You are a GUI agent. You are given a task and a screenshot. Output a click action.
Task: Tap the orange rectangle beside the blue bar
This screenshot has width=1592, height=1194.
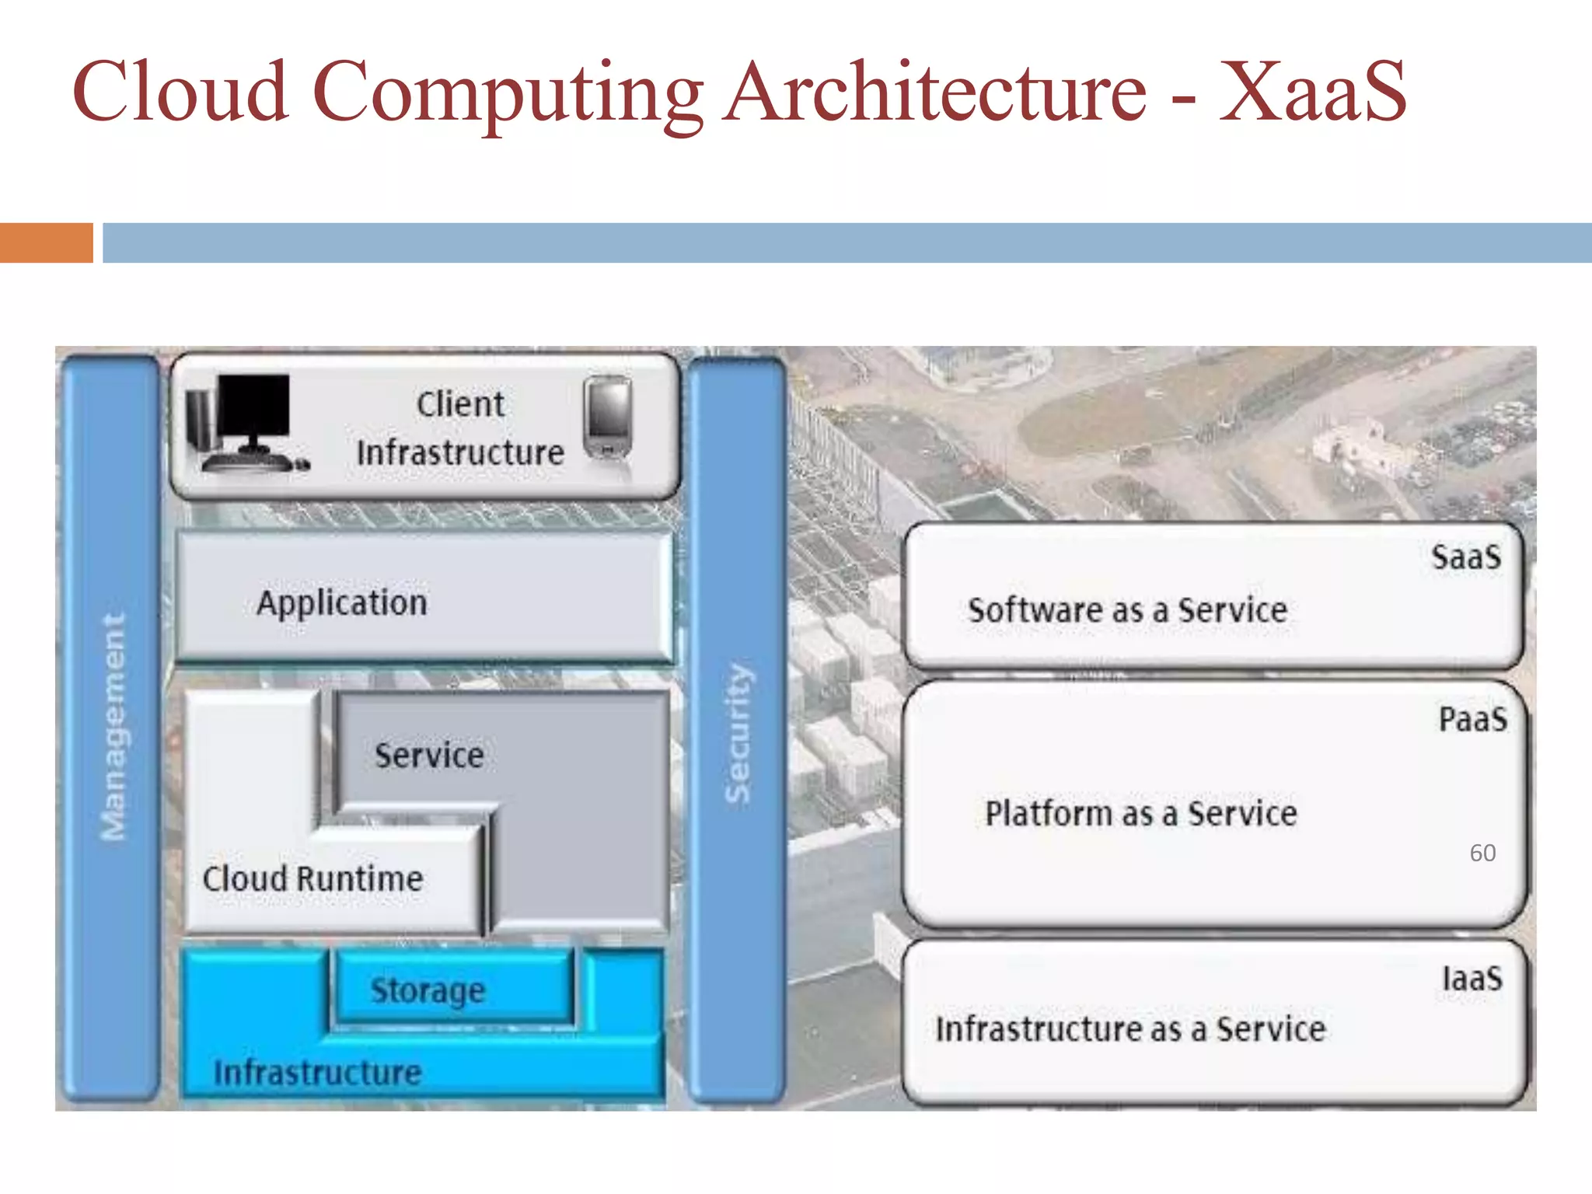(46, 243)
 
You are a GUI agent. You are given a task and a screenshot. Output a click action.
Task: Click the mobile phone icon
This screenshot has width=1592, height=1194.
(608, 417)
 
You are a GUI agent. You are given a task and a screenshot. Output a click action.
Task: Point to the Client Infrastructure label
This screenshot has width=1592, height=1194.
(460, 428)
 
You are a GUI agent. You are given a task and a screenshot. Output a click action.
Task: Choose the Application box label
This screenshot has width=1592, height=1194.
(342, 603)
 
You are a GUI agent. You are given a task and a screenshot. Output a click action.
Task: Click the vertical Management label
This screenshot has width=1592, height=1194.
(113, 727)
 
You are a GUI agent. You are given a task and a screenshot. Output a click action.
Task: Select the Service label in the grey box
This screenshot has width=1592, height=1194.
(429, 756)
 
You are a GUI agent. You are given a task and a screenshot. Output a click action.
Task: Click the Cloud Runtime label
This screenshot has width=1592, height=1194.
(312, 879)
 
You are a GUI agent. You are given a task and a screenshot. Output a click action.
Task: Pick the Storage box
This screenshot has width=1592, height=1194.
(428, 990)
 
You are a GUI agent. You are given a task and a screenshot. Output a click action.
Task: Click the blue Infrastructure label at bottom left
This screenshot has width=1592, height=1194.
(318, 1073)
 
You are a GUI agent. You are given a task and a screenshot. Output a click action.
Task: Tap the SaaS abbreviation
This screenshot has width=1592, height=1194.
(1466, 557)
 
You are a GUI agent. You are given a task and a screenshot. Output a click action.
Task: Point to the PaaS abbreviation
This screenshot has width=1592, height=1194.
(1472, 719)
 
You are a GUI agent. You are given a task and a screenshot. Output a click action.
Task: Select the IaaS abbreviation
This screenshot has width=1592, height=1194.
(1472, 979)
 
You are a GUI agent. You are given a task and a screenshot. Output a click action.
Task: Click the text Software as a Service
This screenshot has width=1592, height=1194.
(1127, 610)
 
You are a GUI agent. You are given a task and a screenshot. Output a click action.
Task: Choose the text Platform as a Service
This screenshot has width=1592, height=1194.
(1141, 814)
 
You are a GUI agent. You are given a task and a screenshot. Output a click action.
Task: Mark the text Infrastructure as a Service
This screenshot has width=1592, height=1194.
(1130, 1029)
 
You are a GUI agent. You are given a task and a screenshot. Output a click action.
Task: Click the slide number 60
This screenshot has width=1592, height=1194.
(1482, 853)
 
